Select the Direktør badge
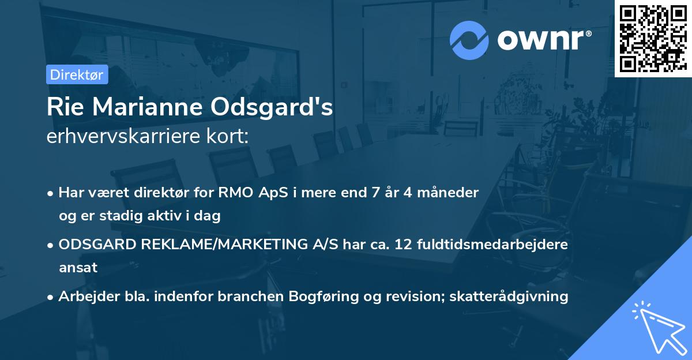pyautogui.click(x=77, y=74)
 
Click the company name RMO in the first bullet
pyautogui.click(x=232, y=193)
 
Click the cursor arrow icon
pyautogui.click(x=659, y=327)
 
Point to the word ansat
pyautogui.click(x=78, y=268)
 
